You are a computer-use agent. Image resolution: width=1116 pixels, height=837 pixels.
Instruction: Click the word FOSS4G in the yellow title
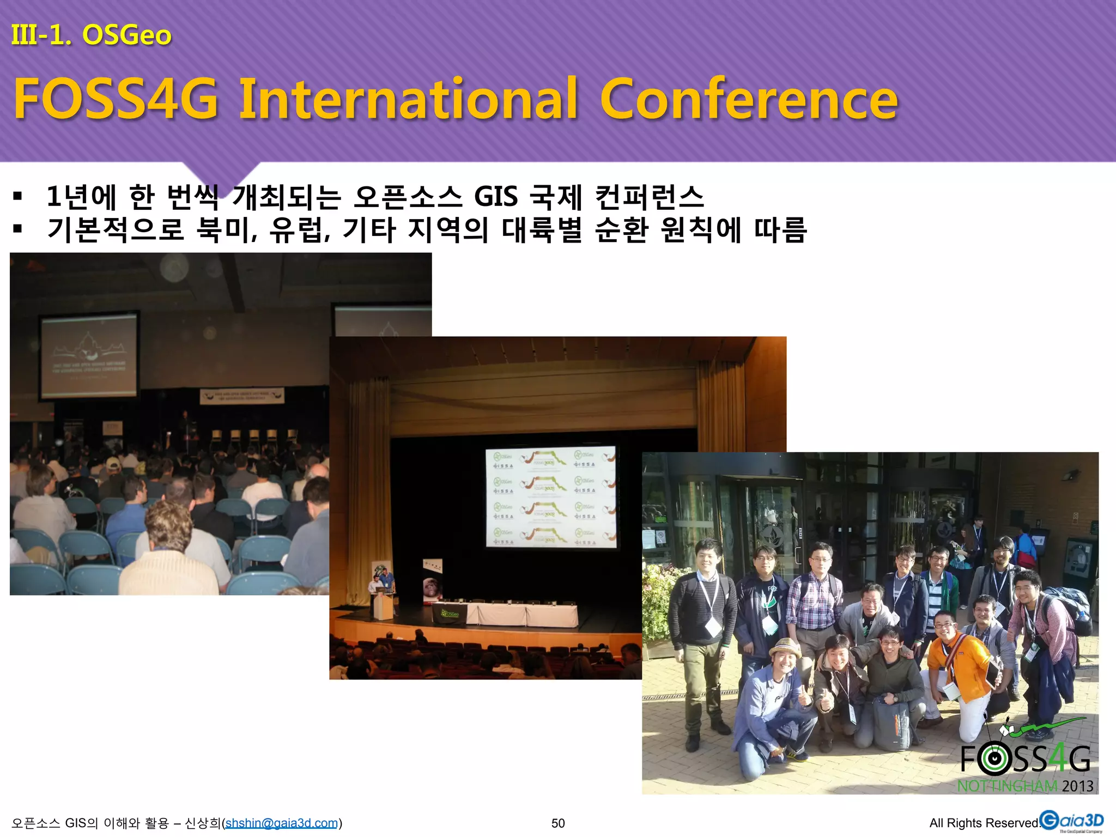coord(116,99)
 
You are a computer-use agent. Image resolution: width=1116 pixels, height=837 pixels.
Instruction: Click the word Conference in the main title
coord(749,99)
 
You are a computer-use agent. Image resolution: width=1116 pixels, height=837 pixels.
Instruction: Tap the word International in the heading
coord(408,99)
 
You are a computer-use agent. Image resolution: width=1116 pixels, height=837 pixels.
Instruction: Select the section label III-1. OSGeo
coord(92,35)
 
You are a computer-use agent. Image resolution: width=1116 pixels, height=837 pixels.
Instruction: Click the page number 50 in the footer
coord(558,823)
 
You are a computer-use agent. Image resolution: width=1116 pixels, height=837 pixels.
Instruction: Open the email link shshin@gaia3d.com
coord(282,823)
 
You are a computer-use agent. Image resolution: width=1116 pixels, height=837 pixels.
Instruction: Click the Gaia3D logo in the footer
coord(1071,821)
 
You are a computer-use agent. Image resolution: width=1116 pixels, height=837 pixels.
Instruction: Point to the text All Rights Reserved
coord(984,823)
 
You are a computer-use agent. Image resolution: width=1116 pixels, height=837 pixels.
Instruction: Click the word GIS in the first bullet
coord(495,197)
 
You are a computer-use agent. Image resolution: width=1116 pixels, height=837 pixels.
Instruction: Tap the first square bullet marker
coord(17,196)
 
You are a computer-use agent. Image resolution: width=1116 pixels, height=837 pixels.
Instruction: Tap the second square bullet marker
coord(17,229)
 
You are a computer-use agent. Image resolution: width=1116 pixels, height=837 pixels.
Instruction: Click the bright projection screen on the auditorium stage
coord(550,496)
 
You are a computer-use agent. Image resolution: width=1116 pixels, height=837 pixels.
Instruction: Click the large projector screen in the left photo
coord(89,356)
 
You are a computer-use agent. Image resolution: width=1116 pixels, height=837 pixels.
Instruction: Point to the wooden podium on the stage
coord(382,605)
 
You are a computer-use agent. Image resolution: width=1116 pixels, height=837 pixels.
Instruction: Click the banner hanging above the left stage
coord(242,396)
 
